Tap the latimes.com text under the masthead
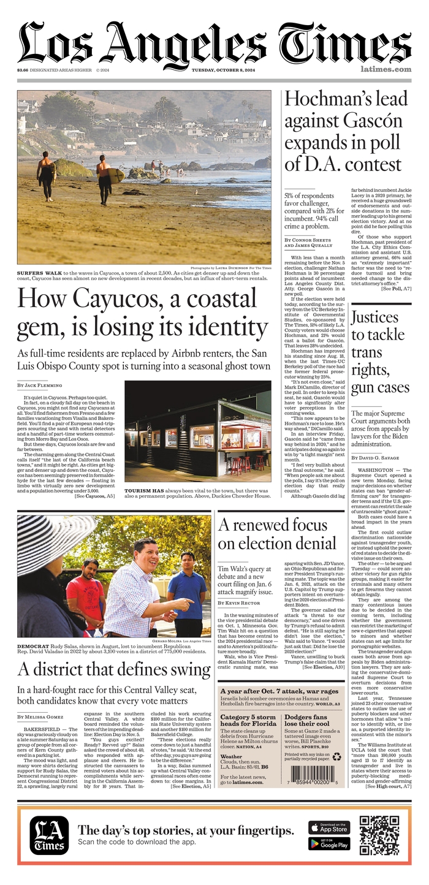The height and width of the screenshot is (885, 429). [x=385, y=69]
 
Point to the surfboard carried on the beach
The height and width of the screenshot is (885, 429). [x=114, y=175]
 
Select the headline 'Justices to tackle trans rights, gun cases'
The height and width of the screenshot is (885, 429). [x=380, y=352]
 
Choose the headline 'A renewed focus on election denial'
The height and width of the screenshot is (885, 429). [x=277, y=534]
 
